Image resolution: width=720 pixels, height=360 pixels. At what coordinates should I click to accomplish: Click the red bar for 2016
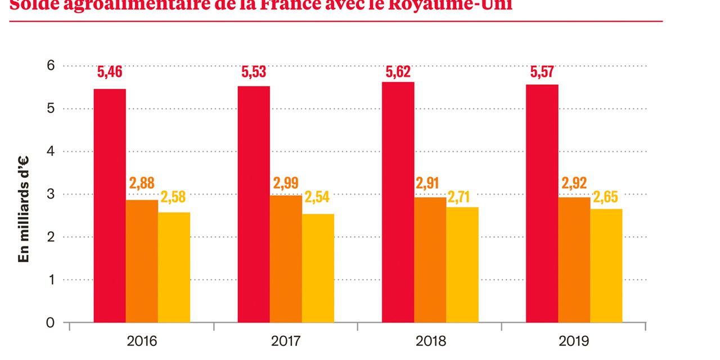[110, 205]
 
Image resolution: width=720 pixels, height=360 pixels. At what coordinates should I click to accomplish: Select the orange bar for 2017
[286, 259]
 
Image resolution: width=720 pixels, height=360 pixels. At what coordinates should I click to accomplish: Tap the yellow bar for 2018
[462, 264]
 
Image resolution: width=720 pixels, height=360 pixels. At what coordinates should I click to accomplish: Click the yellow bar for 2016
[174, 267]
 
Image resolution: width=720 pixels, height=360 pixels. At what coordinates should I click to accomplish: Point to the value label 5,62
[398, 73]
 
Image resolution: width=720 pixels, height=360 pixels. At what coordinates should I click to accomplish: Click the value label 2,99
[286, 183]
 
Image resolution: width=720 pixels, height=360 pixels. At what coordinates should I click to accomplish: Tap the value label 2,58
[173, 197]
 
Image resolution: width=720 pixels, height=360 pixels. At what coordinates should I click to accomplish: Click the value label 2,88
[142, 183]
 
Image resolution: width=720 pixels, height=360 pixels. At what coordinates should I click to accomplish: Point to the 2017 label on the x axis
[286, 341]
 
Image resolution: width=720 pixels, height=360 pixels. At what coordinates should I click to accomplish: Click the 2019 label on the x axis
[574, 341]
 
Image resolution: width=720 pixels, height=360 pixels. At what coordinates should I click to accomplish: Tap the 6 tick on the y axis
[50, 66]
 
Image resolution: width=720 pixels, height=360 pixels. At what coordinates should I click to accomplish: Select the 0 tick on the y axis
[50, 323]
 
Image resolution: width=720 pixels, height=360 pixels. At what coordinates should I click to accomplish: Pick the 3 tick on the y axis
[50, 194]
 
